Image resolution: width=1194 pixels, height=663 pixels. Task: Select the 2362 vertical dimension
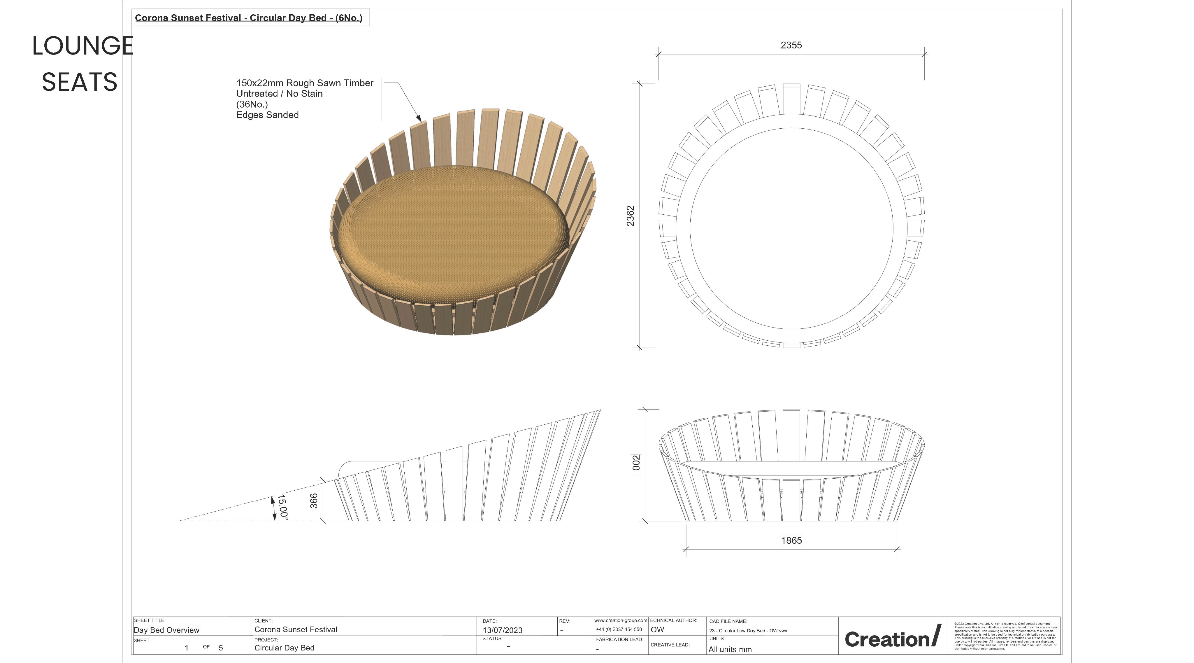(x=630, y=216)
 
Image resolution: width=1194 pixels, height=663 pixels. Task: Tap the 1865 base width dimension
(x=791, y=540)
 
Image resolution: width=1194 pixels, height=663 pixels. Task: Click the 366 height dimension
(x=314, y=501)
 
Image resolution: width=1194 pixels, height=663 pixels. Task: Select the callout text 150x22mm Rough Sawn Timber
(x=305, y=83)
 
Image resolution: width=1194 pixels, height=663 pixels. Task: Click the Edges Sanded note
(x=267, y=115)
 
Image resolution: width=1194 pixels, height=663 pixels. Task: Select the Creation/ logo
(x=892, y=638)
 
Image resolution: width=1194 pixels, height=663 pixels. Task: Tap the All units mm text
(x=730, y=650)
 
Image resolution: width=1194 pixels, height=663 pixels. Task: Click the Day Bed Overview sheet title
(x=166, y=630)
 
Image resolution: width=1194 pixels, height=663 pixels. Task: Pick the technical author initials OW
(x=657, y=630)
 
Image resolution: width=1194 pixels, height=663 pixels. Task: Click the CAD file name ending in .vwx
(x=748, y=631)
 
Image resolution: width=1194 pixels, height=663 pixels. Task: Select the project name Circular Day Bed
(x=284, y=648)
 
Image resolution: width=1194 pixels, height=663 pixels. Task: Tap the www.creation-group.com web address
(x=620, y=620)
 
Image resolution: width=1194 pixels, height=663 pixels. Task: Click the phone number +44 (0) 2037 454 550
(x=619, y=629)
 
